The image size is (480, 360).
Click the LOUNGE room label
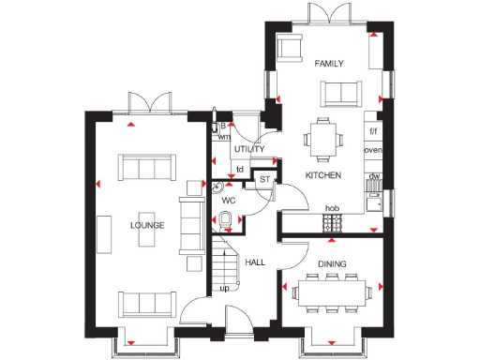[x=148, y=225]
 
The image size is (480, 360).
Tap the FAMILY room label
[x=329, y=64]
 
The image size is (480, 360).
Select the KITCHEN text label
[x=322, y=175]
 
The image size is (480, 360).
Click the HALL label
[x=255, y=262]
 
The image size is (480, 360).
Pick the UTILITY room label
[x=249, y=149]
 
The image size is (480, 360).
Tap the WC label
[x=228, y=200]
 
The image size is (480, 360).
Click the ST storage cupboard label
[x=264, y=178]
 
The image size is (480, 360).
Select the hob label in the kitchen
[x=331, y=208]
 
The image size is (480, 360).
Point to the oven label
[x=373, y=151]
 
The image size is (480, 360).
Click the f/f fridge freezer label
[x=373, y=130]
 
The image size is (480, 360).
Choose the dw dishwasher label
[x=373, y=176]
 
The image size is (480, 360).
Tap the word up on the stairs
[x=225, y=288]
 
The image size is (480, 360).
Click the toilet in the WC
[x=226, y=220]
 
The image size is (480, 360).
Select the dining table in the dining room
[x=330, y=291]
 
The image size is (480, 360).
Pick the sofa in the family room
[x=337, y=91]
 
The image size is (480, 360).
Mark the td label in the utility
[x=240, y=170]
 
